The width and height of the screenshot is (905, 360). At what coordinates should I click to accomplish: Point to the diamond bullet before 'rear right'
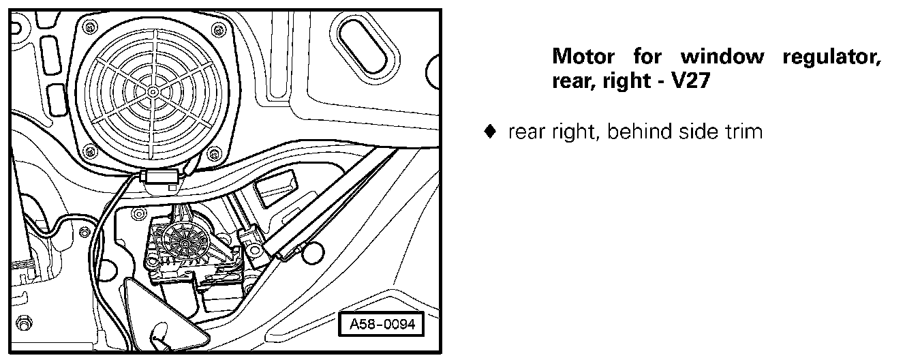487,131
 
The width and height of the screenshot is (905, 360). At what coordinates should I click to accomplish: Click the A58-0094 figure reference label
381,325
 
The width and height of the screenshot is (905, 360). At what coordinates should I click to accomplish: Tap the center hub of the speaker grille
156,89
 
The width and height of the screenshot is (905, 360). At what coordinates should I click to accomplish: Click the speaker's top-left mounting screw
87,27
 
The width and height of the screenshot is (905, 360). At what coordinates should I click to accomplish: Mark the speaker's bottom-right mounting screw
216,151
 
